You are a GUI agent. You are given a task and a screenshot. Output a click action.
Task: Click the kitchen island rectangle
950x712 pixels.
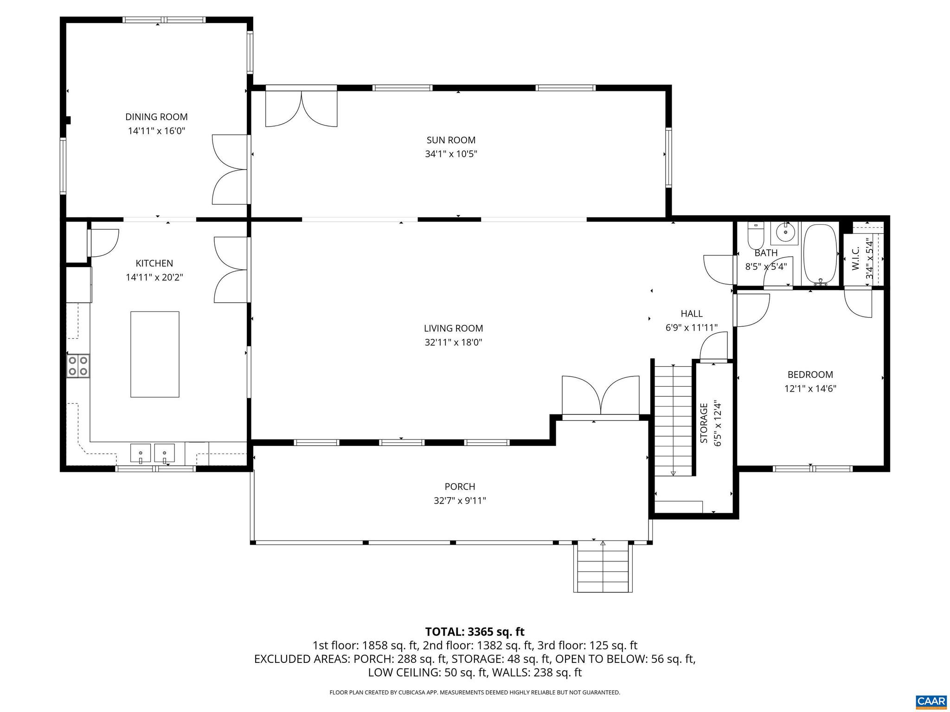click(154, 354)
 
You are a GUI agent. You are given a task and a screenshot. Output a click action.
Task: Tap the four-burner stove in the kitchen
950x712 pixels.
click(78, 365)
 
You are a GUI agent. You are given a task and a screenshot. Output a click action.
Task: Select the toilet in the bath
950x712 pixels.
click(756, 236)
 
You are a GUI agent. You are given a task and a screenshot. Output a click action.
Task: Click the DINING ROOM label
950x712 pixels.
click(156, 117)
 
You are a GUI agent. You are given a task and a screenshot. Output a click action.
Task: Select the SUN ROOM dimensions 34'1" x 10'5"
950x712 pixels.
click(451, 154)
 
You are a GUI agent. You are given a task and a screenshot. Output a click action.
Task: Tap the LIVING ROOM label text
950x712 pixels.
click(453, 328)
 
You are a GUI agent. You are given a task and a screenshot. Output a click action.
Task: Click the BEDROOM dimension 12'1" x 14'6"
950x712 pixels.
click(810, 388)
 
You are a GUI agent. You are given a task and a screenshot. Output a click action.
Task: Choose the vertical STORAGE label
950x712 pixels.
click(704, 423)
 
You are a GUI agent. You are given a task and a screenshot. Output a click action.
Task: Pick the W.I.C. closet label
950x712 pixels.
click(856, 258)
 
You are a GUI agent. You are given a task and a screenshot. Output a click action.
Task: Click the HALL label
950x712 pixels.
click(691, 314)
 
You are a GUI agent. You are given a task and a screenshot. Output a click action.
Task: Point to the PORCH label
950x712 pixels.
click(460, 486)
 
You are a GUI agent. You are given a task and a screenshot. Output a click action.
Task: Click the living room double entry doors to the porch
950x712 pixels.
click(601, 395)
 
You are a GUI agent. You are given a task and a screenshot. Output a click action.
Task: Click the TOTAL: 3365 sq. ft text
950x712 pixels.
click(475, 632)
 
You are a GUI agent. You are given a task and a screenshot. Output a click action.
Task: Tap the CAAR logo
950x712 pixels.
click(931, 701)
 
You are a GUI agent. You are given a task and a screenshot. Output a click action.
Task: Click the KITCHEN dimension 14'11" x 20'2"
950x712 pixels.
click(154, 277)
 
